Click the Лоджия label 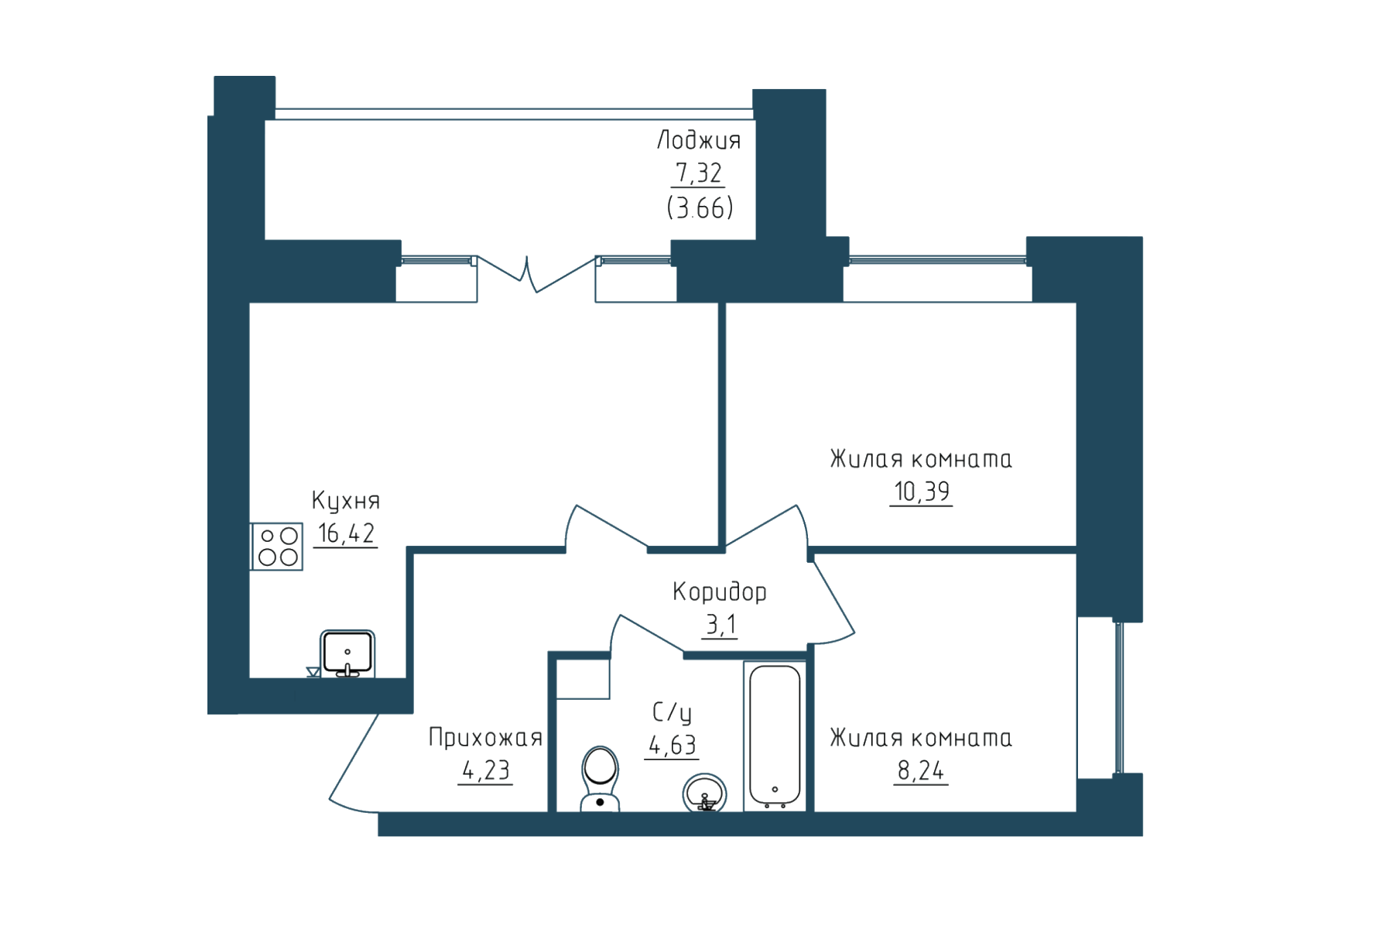699,140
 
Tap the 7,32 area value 698,172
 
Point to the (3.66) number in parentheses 700,207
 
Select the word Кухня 345,501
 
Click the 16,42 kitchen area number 346,533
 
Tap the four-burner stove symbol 277,547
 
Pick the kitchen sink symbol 347,654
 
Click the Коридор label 720,592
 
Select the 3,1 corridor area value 720,624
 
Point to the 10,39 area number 921,491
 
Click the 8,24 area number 921,770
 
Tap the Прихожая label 485,737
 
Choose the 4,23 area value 485,770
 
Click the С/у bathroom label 672,712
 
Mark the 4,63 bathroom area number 672,745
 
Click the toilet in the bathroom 600,779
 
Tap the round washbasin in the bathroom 704,793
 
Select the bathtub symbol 775,736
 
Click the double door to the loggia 536,274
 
